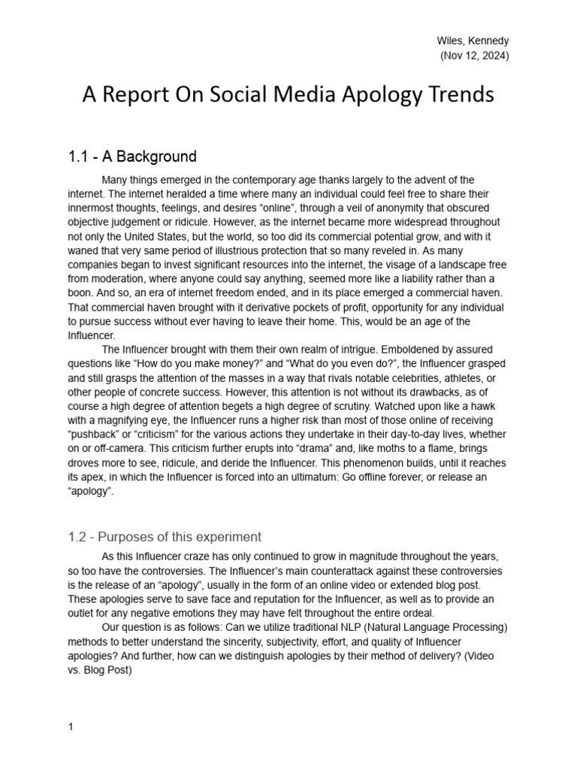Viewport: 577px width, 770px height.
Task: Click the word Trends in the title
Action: click(453, 96)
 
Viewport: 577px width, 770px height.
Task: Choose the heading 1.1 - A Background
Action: click(132, 157)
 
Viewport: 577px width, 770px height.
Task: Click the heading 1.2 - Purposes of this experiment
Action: click(165, 537)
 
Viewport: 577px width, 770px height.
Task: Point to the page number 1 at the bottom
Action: click(71, 727)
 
